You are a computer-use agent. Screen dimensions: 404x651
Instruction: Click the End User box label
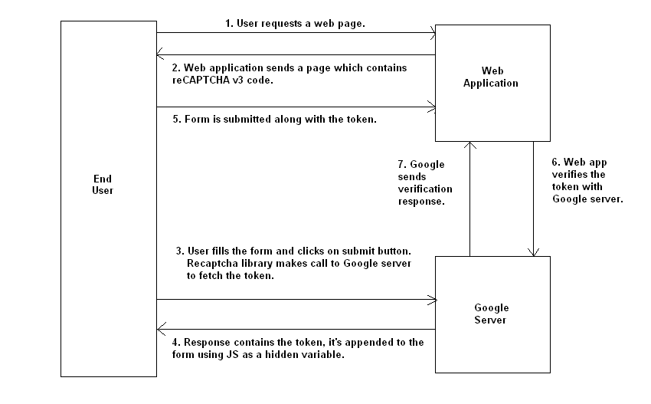point(102,184)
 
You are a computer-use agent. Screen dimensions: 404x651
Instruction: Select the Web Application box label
point(491,77)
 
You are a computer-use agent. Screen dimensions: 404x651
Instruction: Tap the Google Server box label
point(491,313)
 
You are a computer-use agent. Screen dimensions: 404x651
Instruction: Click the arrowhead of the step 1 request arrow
point(432,34)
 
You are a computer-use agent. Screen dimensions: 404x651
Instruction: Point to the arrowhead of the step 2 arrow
point(160,54)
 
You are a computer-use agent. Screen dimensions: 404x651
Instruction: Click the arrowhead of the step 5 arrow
point(432,107)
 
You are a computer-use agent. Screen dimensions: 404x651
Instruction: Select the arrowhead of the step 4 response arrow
point(160,330)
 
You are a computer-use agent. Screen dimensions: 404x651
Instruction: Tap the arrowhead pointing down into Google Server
point(534,251)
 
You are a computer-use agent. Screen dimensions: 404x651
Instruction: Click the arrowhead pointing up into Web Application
point(470,146)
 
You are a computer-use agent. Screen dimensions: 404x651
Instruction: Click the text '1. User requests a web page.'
point(295,24)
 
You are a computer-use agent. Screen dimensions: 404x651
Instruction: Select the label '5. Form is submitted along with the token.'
point(280,120)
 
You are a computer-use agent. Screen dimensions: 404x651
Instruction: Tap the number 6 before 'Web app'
point(555,163)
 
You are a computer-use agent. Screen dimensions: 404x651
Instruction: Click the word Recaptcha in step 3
point(211,263)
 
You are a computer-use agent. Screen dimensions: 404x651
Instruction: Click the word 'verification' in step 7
point(420,189)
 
